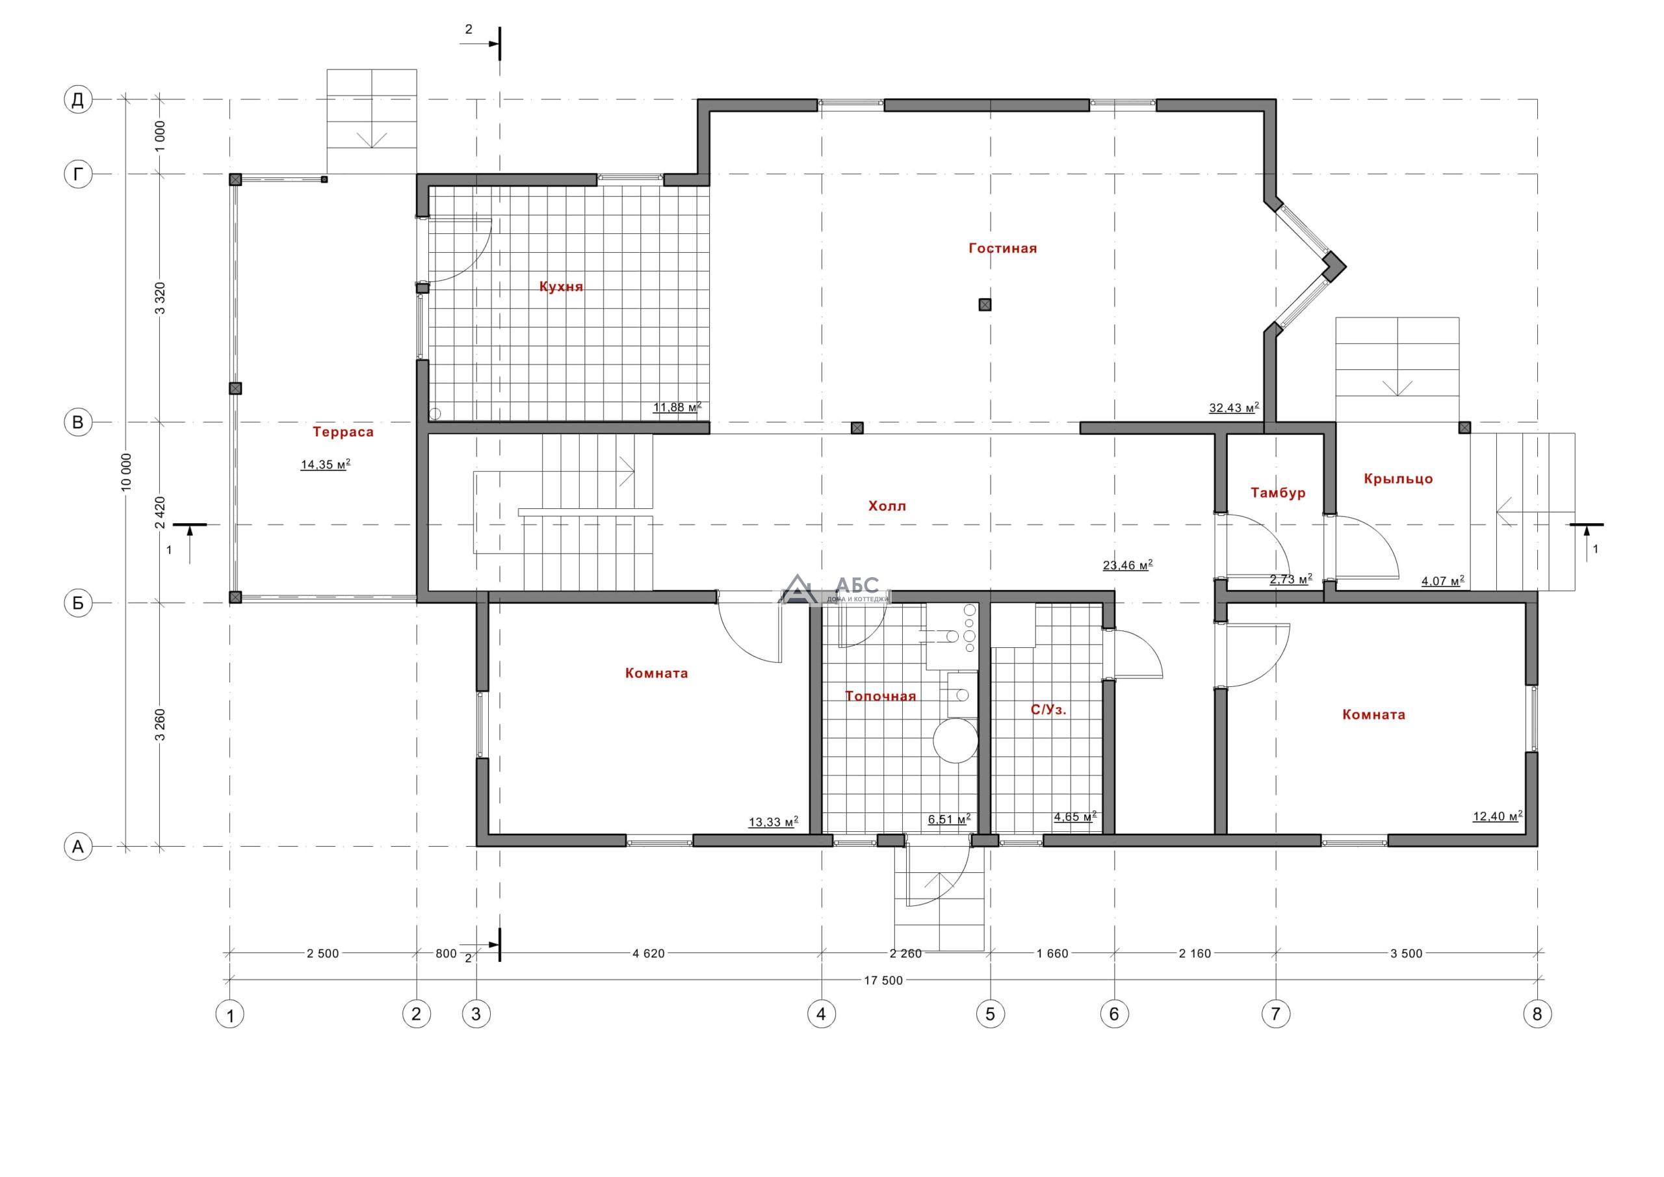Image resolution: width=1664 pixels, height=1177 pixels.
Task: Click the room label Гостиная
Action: [1002, 248]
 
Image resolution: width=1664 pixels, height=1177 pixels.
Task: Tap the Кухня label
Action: [561, 286]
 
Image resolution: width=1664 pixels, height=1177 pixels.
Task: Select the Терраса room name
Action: [344, 433]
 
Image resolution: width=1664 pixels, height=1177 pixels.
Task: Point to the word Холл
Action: [887, 506]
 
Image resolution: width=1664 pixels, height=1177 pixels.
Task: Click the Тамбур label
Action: [1279, 493]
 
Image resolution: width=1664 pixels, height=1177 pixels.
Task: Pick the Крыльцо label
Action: [1398, 479]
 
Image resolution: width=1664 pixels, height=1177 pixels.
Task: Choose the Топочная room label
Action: [881, 697]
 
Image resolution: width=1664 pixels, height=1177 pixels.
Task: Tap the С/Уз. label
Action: [1048, 710]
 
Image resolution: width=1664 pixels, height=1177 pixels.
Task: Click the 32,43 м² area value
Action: [1234, 408]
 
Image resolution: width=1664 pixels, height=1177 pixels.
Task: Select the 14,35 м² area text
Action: [326, 465]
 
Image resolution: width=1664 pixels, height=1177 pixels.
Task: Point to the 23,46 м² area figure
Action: [1128, 565]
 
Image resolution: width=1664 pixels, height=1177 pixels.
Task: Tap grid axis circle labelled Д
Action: [77, 99]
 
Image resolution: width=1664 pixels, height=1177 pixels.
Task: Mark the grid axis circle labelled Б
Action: [77, 603]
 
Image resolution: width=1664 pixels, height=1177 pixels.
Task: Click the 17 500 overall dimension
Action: [883, 981]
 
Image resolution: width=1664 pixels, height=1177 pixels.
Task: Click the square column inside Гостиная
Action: [985, 305]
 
